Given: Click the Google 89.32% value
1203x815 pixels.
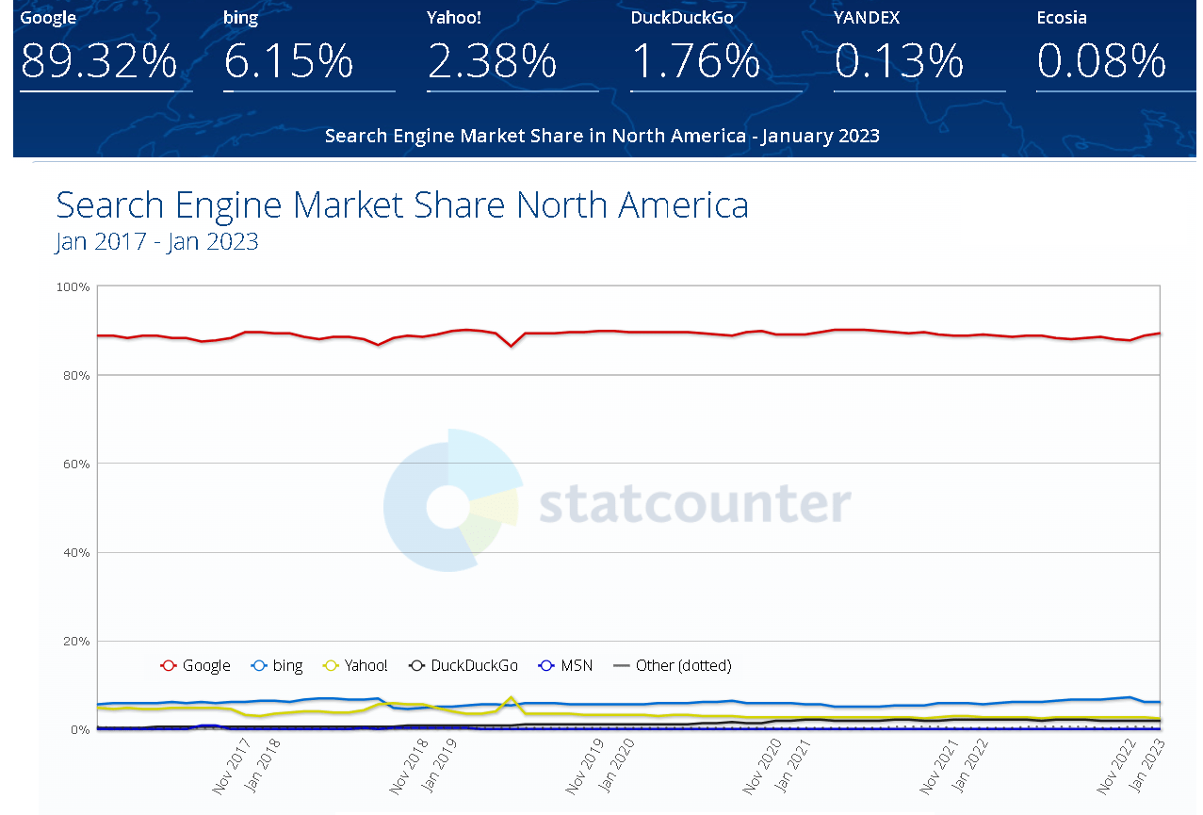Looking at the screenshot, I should pyautogui.click(x=98, y=62).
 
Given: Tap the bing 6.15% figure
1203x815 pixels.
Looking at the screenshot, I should pyautogui.click(x=288, y=62).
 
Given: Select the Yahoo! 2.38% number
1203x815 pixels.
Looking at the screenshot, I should pyautogui.click(x=492, y=62).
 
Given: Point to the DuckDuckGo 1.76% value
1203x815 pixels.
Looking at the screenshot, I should pyautogui.click(x=695, y=62).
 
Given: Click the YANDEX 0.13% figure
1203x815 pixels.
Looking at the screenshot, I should pyautogui.click(x=899, y=62).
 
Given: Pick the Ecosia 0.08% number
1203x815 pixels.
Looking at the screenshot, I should pyautogui.click(x=1101, y=62).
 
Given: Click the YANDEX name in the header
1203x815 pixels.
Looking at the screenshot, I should pyautogui.click(x=867, y=17).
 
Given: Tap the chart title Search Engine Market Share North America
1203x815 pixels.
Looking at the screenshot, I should pyautogui.click(x=402, y=204).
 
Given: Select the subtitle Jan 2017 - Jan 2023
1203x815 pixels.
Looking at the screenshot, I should pyautogui.click(x=156, y=242).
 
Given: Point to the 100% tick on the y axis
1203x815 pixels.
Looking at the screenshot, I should pyautogui.click(x=73, y=286).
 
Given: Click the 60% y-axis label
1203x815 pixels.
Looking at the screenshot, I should pyautogui.click(x=75, y=464).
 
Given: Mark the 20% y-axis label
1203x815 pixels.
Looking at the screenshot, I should pyautogui.click(x=75, y=641).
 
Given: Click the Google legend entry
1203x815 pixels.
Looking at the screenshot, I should pyautogui.click(x=196, y=665).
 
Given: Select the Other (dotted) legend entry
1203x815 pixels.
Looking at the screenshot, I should pyautogui.click(x=673, y=665).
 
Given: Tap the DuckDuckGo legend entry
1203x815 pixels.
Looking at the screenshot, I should pyautogui.click(x=463, y=665).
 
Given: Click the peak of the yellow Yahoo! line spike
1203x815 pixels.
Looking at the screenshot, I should pyautogui.click(x=511, y=698).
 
